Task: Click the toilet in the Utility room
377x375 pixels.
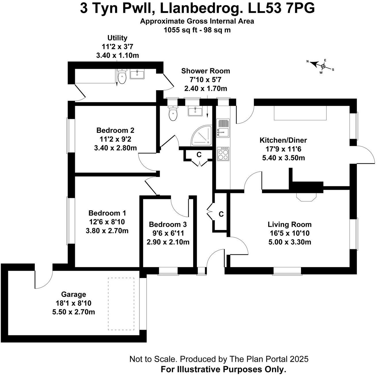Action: pos(122,77)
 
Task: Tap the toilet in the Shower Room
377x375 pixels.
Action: pos(173,113)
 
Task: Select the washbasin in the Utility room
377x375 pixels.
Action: pos(137,74)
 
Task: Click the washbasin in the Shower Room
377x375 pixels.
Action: pos(195,111)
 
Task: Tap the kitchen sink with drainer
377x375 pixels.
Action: pos(223,128)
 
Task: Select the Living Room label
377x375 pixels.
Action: pos(289,225)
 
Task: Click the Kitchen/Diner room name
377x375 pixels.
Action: pos(283,140)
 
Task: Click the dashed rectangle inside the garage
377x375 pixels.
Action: pos(121,304)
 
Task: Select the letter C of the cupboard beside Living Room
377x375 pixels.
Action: pos(221,214)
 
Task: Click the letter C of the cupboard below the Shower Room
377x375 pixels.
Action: pos(199,154)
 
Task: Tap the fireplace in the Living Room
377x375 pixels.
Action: pos(306,197)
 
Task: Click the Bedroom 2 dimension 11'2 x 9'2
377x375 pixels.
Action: pos(115,139)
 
